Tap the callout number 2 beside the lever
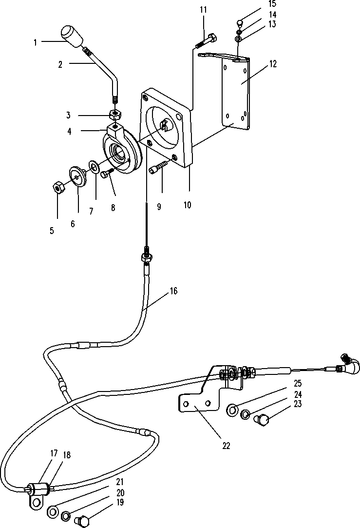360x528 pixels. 60,65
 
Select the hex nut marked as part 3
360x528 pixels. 115,115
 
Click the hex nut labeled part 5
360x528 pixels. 58,187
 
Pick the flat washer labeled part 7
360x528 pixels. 94,166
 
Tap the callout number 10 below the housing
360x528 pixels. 188,205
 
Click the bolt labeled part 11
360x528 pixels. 206,40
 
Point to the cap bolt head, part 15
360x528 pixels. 240,23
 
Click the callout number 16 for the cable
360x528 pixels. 173,291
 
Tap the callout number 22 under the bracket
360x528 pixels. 226,446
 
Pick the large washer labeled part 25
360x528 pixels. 232,410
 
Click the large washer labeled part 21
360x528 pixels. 52,513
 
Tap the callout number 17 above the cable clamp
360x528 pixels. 54,453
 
